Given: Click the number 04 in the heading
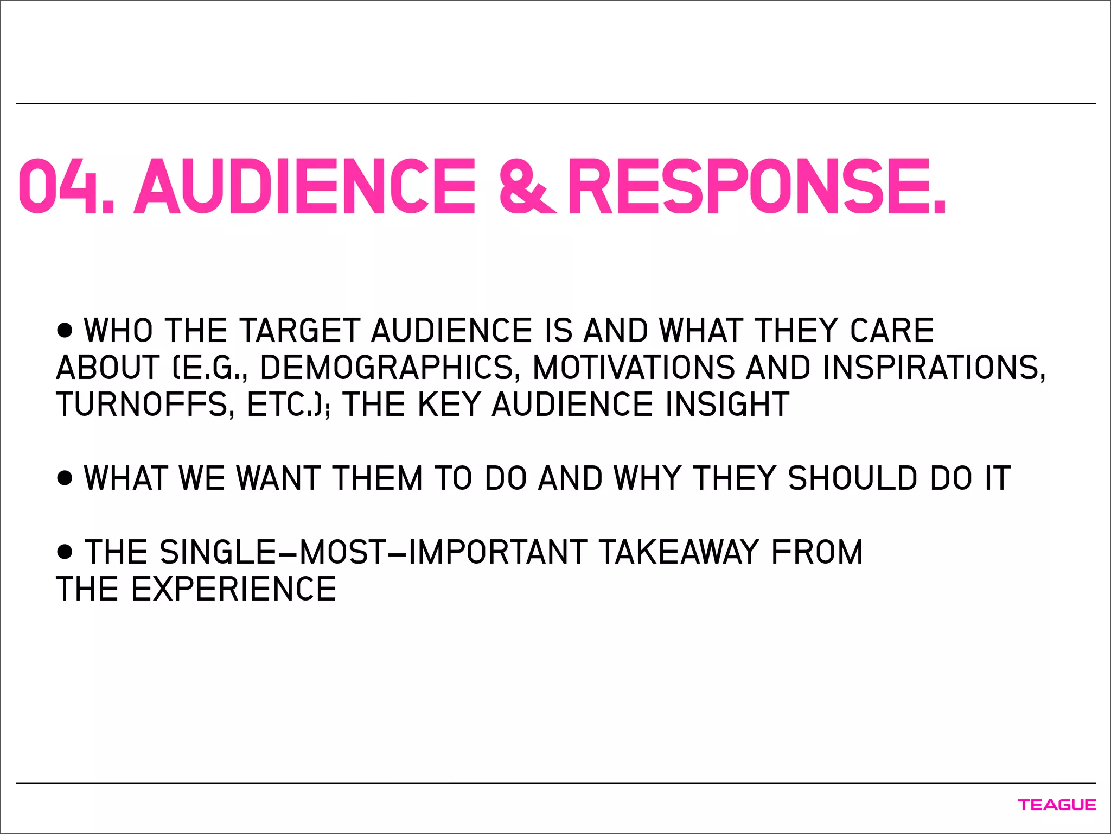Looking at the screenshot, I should click(60, 186).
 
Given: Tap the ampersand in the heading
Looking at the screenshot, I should click(526, 186).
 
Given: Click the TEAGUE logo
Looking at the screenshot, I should click(1056, 805).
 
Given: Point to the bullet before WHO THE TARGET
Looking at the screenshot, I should click(65, 330).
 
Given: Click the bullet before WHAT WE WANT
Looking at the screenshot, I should click(65, 477).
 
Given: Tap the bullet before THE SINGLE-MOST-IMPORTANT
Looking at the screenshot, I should click(65, 552).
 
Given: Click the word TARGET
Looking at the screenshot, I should click(299, 331).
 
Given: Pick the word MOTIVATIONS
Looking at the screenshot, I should click(633, 368).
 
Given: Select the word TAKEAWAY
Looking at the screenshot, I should click(678, 552).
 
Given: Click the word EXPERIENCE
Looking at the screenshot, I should click(233, 589).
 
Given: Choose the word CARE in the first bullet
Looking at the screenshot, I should click(892, 331).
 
